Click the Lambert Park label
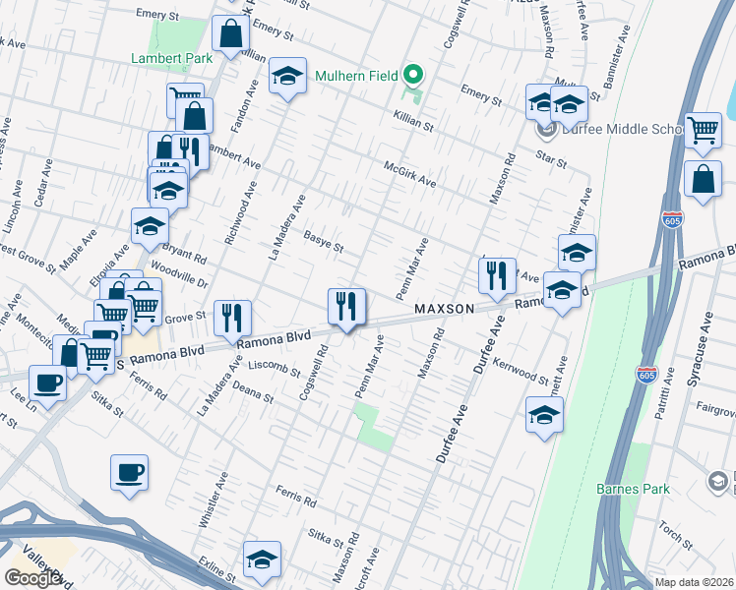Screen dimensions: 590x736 point(172,58)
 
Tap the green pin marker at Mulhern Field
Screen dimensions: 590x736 point(415,75)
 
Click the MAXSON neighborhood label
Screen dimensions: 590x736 point(444,309)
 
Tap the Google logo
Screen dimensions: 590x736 point(32,578)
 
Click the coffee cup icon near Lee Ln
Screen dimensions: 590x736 point(47,382)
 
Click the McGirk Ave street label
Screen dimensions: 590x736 point(409,174)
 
